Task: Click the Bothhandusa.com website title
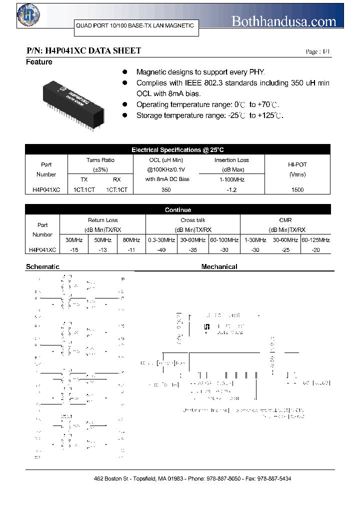click(x=284, y=21)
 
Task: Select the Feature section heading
click(x=39, y=62)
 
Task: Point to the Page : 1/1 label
click(x=317, y=52)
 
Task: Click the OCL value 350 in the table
click(x=166, y=190)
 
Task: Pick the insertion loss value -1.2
click(x=231, y=190)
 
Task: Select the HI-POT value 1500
click(x=297, y=190)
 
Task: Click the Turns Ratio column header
click(x=100, y=160)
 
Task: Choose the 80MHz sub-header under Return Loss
click(x=131, y=240)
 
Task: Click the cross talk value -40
click(x=161, y=250)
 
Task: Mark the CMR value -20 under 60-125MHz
click(x=315, y=250)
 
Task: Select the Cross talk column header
click(x=192, y=220)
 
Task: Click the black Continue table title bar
click(x=177, y=210)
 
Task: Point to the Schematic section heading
click(x=42, y=267)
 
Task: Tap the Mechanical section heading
click(x=219, y=267)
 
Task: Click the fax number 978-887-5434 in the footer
click(x=274, y=478)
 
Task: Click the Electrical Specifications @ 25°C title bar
click(x=177, y=149)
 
